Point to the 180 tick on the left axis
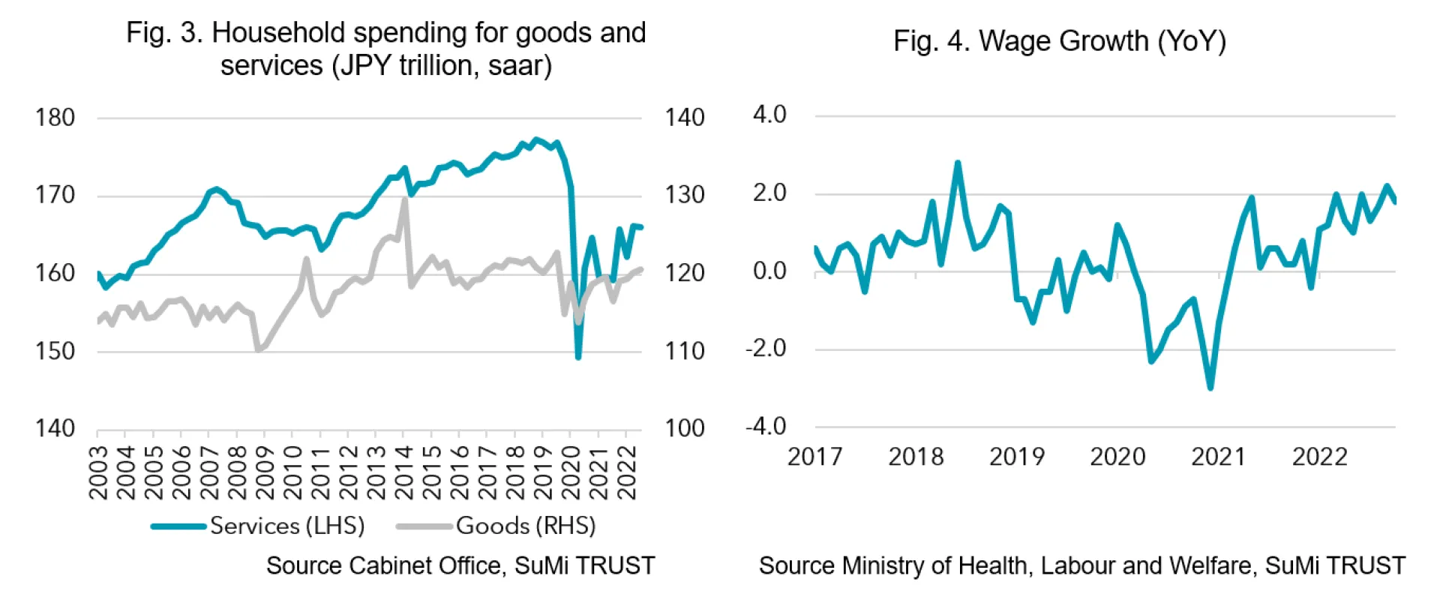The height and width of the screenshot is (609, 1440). [55, 118]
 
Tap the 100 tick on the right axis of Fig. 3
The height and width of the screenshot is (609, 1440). [684, 428]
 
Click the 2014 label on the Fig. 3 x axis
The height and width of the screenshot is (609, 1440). [403, 472]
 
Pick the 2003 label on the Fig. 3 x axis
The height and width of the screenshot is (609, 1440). [98, 472]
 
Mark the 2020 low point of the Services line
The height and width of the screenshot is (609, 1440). [577, 357]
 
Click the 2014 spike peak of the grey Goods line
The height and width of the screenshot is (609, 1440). [405, 199]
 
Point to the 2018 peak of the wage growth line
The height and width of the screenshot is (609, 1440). [958, 163]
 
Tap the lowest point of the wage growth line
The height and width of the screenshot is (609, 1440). [1210, 388]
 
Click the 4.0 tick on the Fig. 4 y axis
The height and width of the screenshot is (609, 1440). [769, 115]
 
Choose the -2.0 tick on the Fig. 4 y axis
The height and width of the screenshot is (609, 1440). [766, 349]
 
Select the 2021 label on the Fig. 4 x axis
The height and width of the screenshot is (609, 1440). [1218, 457]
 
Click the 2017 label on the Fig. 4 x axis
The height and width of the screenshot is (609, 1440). [814, 457]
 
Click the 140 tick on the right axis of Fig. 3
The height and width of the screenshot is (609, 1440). [684, 118]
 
